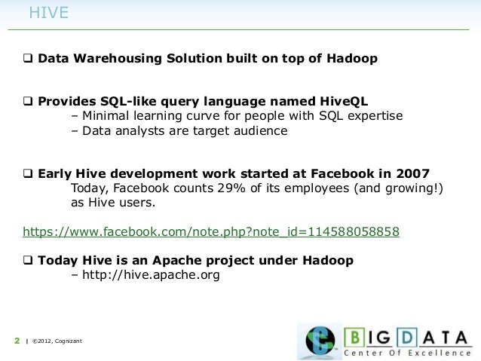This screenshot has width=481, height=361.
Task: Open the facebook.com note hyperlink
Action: [x=211, y=231]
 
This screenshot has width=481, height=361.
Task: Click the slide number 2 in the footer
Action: [x=17, y=342]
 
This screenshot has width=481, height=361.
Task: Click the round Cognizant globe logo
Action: [x=318, y=341]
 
